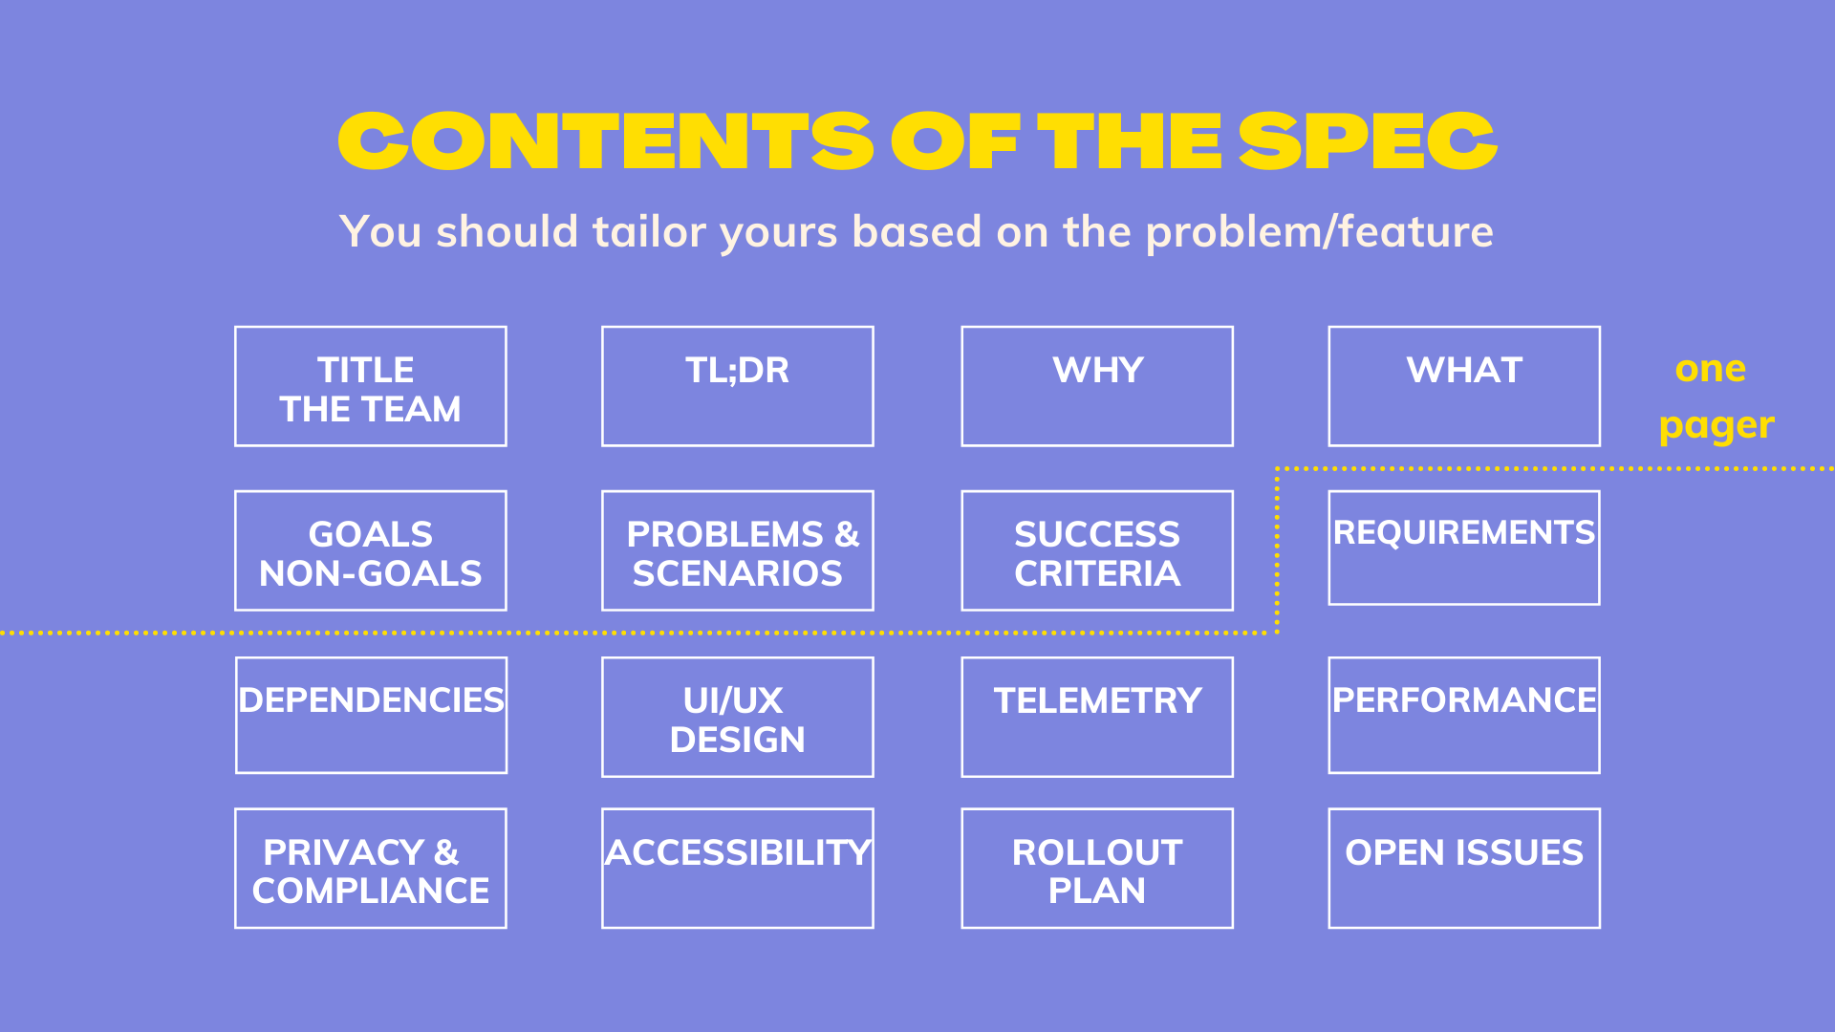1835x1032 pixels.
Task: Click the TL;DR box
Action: tap(737, 386)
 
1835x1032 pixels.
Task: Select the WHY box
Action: tap(1097, 386)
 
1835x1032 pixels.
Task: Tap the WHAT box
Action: tap(1464, 386)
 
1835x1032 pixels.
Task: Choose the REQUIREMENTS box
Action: tap(1464, 548)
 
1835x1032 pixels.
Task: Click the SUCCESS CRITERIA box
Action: tap(1097, 551)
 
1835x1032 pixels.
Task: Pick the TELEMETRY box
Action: tap(1097, 717)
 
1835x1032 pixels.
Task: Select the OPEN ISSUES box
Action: tap(1464, 868)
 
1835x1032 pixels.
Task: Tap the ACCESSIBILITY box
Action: tap(737, 868)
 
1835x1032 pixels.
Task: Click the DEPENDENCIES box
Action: tap(371, 715)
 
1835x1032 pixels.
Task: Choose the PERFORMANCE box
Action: tap(1464, 715)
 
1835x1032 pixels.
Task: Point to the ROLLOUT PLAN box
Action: tap(1097, 868)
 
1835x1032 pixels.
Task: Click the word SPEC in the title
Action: tap(1368, 142)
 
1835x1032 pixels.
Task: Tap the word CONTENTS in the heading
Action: tap(605, 142)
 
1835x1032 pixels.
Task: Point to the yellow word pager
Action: tap(1716, 426)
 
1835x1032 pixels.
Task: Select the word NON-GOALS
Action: tap(371, 573)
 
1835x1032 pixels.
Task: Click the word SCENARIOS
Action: tap(737, 573)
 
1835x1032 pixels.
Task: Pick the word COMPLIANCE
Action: tap(371, 891)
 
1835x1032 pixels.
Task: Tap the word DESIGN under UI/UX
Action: tap(737, 740)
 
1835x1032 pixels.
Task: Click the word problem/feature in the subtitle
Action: tap(1319, 232)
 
